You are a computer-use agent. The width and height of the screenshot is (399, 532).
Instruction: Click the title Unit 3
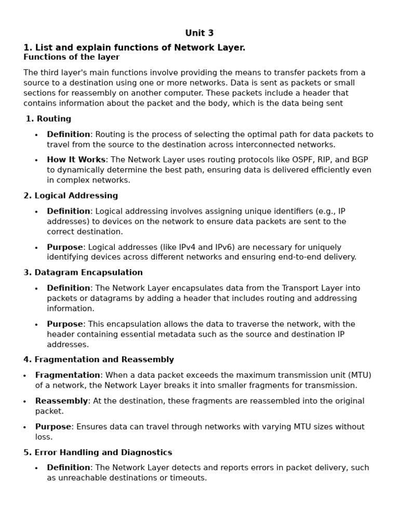(x=199, y=33)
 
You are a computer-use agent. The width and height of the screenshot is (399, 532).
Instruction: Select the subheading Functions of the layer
(x=71, y=57)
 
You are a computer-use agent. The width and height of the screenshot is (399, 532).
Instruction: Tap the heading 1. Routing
(x=48, y=119)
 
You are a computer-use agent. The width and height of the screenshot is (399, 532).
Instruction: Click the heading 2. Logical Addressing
(x=71, y=196)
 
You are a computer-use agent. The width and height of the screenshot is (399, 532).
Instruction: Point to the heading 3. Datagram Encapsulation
(x=83, y=273)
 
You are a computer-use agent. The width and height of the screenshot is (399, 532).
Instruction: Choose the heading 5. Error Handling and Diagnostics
(x=98, y=453)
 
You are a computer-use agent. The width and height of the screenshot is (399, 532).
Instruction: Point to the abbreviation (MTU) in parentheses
(x=360, y=375)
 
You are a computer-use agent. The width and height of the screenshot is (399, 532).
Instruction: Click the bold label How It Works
(x=76, y=160)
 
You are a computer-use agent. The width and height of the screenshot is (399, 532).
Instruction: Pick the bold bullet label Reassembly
(x=61, y=401)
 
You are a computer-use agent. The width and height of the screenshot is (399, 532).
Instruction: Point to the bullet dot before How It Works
(x=36, y=161)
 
